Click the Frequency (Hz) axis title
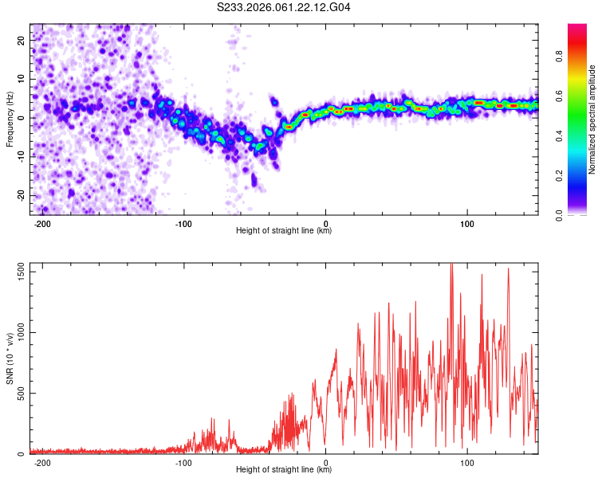click(x=10, y=119)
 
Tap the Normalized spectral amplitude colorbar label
click(x=592, y=119)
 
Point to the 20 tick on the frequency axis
click(x=22, y=39)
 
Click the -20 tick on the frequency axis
click(x=20, y=195)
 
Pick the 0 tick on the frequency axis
click(x=24, y=117)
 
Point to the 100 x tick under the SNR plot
click(x=467, y=461)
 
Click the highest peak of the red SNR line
click(x=451, y=264)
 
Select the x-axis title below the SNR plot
click(x=284, y=470)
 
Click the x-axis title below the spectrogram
click(x=284, y=231)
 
